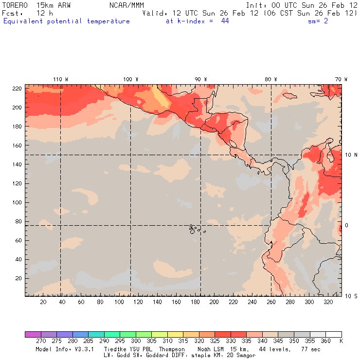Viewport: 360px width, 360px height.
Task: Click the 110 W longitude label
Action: (60, 79)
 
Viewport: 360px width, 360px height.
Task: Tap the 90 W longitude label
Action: (201, 79)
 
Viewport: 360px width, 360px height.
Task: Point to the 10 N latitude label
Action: (351, 155)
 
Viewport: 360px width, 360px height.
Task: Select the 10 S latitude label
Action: (351, 296)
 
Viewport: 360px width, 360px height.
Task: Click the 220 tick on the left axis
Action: (17, 89)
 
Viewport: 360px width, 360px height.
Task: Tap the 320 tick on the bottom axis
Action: (328, 302)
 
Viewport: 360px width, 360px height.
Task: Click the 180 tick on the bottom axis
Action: (195, 302)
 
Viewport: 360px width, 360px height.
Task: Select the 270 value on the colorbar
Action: (40, 342)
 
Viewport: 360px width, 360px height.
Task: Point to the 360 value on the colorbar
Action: (326, 342)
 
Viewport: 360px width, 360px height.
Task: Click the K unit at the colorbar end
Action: (341, 342)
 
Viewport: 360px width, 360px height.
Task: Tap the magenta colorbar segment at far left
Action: (33, 334)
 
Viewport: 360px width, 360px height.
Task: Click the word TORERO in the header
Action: (15, 4)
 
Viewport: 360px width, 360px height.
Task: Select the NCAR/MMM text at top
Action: (126, 4)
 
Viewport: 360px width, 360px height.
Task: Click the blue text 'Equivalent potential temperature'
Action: (67, 21)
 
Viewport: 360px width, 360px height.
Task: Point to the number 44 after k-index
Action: (225, 21)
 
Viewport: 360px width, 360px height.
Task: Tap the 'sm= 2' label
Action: (318, 21)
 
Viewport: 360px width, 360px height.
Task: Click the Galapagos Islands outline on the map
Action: (195, 228)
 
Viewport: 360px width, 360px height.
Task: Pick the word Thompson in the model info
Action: (170, 349)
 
